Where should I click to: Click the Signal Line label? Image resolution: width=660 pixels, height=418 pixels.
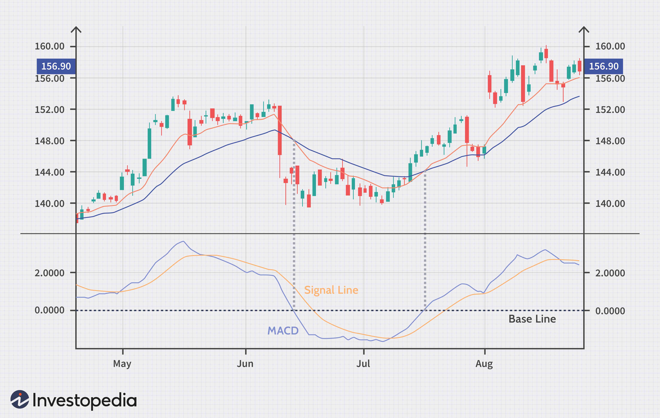click(331, 290)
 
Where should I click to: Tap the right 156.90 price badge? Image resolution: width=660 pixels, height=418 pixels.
click(604, 66)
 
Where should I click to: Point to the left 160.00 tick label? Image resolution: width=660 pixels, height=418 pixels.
click(50, 46)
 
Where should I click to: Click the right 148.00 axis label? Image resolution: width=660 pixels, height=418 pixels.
click(610, 141)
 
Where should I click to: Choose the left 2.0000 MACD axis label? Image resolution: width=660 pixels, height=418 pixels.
click(50, 273)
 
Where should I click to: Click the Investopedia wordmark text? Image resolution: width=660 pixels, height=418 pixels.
click(84, 401)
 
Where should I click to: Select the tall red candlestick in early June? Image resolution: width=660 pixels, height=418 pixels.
click(280, 130)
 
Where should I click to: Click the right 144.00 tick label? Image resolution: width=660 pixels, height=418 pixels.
click(610, 172)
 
